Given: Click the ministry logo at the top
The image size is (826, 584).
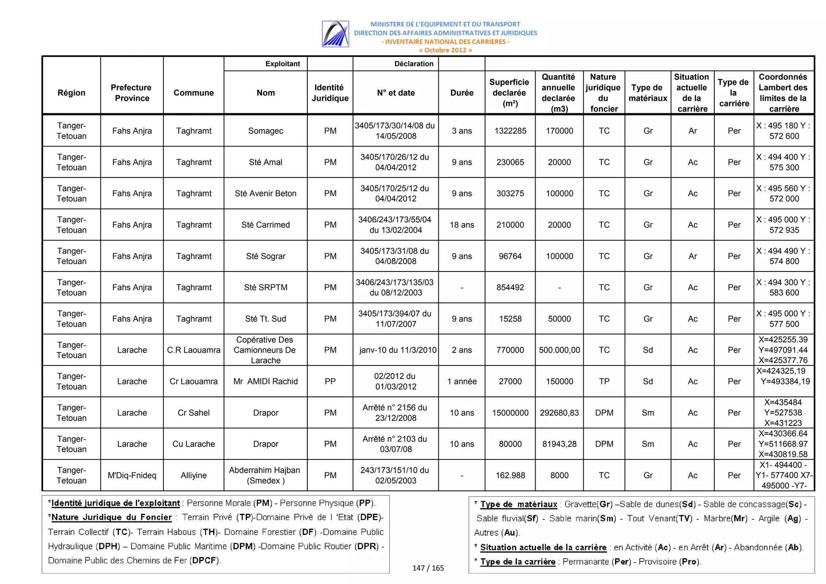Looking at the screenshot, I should (x=335, y=34).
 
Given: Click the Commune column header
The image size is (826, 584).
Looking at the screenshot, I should (x=194, y=93).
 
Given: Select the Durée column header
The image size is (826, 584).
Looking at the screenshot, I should (x=462, y=93).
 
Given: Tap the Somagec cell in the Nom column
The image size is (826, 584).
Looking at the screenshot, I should (x=265, y=131).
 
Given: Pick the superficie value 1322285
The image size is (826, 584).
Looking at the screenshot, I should (x=510, y=131).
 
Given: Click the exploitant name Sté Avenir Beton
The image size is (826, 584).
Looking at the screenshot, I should (x=265, y=193).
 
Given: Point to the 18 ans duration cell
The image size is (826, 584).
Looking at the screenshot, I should (x=462, y=225).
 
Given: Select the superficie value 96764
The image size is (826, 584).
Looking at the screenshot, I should (x=510, y=256).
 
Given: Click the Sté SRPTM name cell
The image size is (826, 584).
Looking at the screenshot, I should (x=265, y=287).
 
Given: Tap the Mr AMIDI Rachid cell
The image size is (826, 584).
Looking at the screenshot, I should (x=265, y=381).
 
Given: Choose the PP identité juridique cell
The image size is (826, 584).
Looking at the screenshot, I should (x=330, y=381).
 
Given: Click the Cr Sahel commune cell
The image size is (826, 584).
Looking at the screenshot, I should (x=194, y=413).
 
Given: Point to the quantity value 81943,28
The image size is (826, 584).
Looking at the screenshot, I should (x=559, y=444).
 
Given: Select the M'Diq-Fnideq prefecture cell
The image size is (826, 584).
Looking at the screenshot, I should (x=132, y=475).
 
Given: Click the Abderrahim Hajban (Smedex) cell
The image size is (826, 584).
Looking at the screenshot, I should (x=265, y=475).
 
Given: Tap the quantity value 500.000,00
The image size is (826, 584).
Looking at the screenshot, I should (x=559, y=350).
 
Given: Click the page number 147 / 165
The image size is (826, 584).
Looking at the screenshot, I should (x=428, y=568).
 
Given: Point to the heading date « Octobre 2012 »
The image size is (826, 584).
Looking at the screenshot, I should (x=445, y=50).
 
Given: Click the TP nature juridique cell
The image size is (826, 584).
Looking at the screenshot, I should (x=604, y=381).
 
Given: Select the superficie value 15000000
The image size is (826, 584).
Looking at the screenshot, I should (x=510, y=413).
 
